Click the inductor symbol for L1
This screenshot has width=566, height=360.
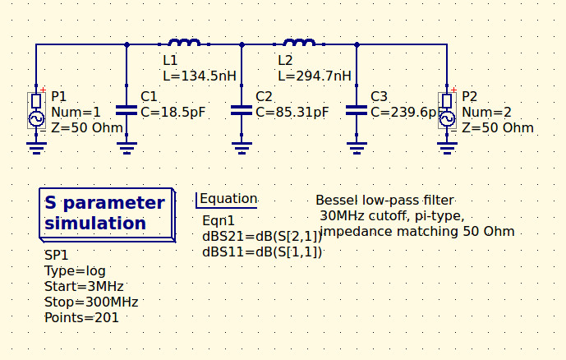pos(184,42)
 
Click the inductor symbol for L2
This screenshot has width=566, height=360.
pos(299,42)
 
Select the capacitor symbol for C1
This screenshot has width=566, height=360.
pos(127,109)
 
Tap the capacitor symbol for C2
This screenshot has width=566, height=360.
pos(242,109)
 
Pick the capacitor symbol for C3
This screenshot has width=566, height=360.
pos(357,109)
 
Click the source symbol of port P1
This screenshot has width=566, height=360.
pos(36,110)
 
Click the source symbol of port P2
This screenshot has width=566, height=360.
pos(447,110)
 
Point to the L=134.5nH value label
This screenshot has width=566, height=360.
pos(200,76)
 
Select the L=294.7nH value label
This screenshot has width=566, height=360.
pos(315,76)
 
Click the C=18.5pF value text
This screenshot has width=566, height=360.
pos(173,112)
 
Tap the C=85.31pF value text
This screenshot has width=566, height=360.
pos(292,112)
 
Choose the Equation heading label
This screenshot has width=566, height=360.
pos(228,199)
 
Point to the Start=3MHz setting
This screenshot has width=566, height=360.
pos(84,287)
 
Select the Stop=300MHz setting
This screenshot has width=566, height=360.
pos(91,302)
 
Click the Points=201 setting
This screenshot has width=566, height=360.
pos(81,317)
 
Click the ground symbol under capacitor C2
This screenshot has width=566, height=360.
pos(242,147)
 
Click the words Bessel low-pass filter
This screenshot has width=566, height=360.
pos(384,201)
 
